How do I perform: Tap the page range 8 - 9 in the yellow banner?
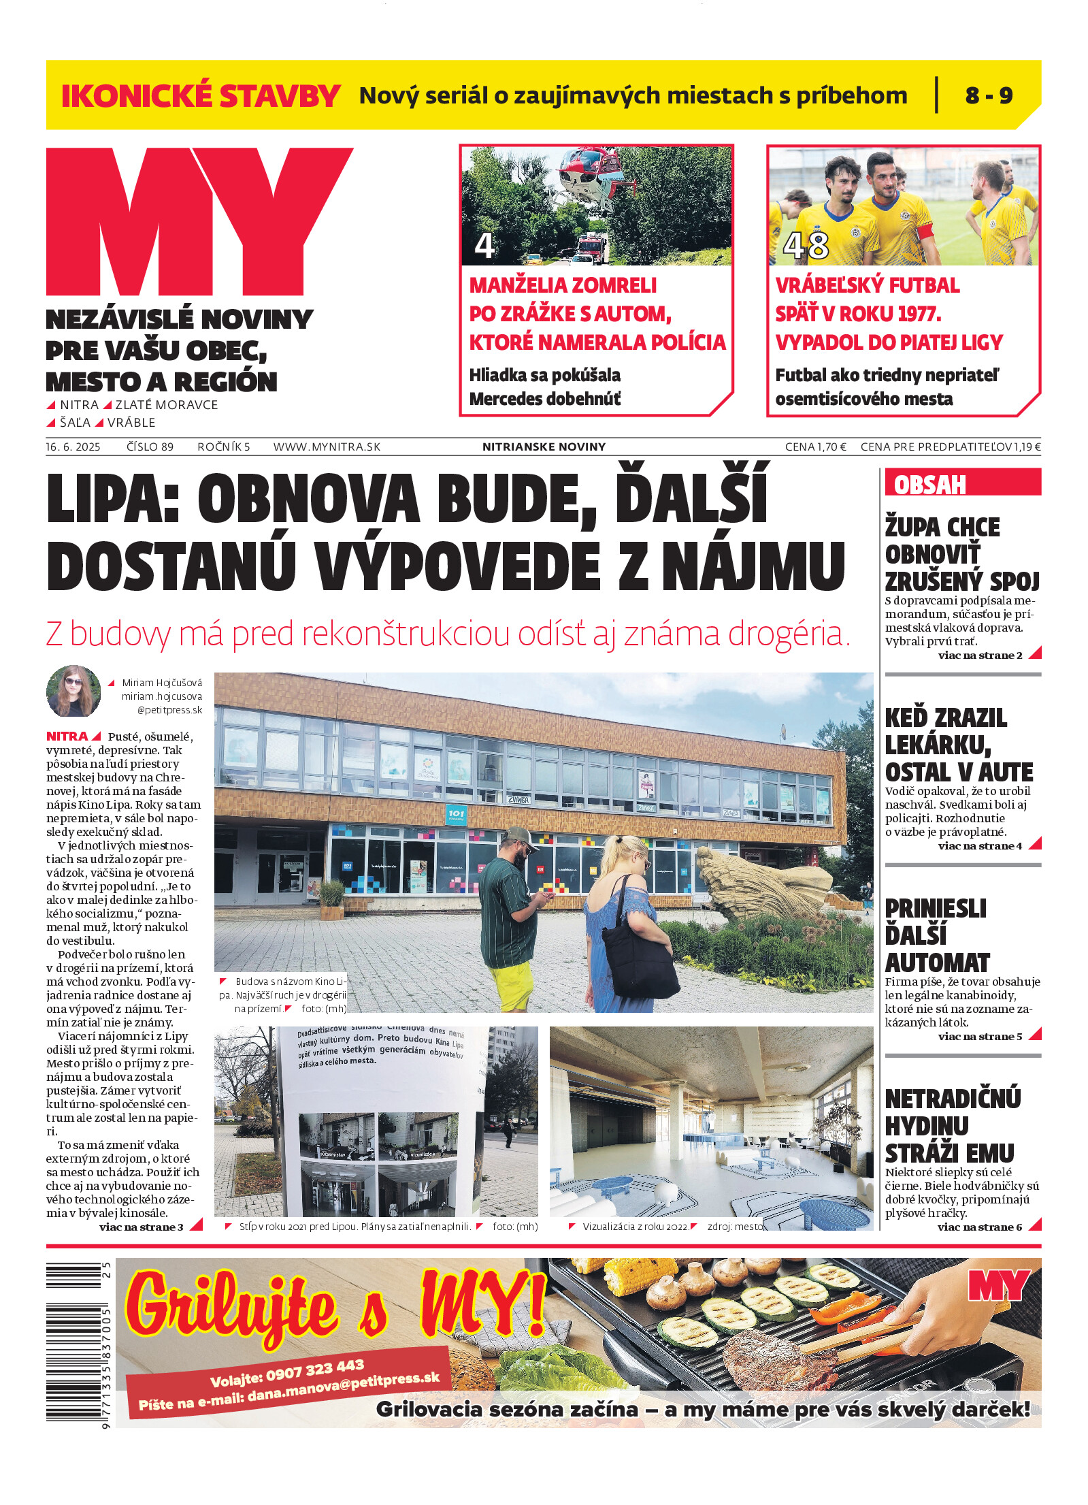pos(988,95)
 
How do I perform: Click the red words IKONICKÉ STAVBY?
pos(200,96)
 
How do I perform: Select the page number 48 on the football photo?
pos(806,246)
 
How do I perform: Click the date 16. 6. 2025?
pos(73,447)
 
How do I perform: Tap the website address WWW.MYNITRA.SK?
pos(327,447)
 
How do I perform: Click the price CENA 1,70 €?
pos(815,447)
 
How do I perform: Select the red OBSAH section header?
pos(929,485)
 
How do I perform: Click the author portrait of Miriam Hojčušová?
pos(73,691)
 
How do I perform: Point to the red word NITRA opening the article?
pos(67,737)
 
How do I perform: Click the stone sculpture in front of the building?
pos(762,881)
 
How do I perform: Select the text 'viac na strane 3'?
pos(142,1227)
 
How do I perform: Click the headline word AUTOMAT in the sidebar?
pos(937,963)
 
